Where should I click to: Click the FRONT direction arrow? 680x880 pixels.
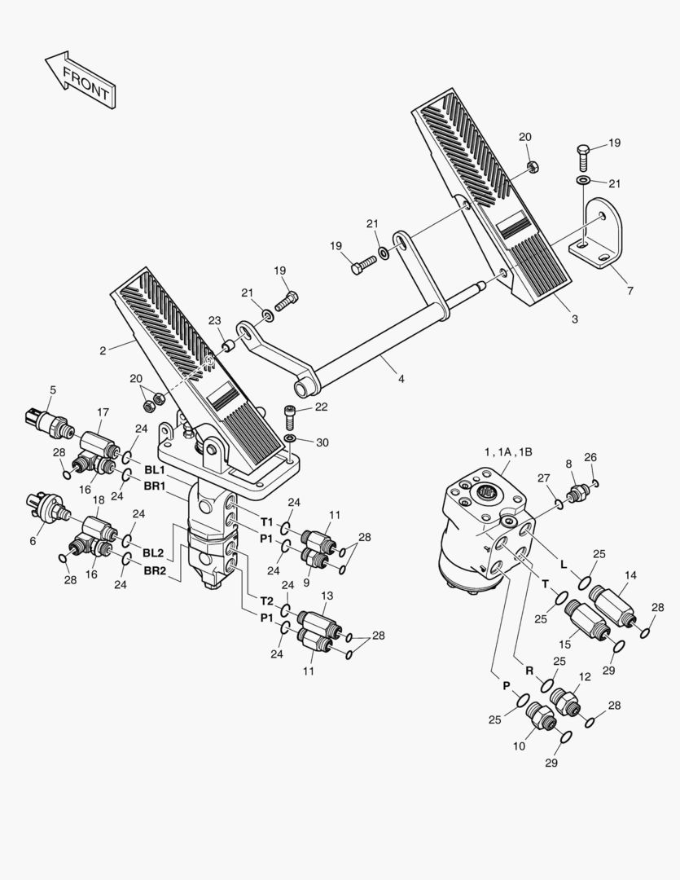(80, 80)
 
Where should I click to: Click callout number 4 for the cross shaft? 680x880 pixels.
(400, 379)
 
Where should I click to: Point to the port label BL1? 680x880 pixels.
(154, 470)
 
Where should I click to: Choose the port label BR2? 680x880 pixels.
(154, 570)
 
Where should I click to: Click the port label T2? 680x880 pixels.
(266, 601)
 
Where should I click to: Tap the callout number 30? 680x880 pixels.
(322, 442)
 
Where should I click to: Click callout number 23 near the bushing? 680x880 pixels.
(214, 320)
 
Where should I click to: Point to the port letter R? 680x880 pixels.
(529, 671)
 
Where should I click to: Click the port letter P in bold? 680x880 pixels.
(506, 686)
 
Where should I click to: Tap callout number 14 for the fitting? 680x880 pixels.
(630, 574)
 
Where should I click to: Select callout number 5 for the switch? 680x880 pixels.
(53, 389)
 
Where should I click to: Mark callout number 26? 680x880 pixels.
(590, 457)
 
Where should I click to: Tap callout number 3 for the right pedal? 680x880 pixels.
(574, 319)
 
